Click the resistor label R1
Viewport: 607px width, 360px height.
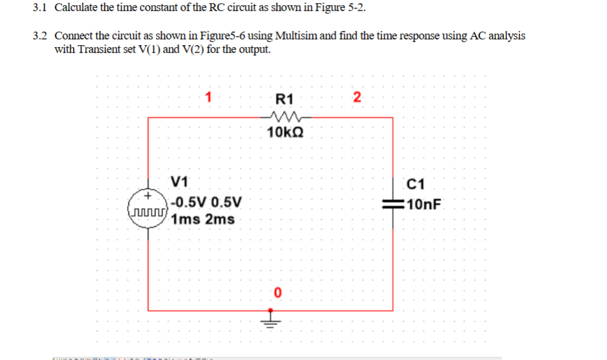coord(284,99)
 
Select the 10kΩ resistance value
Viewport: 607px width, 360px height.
coord(285,133)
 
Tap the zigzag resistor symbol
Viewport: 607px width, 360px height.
coord(284,117)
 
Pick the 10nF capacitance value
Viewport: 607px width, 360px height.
coord(425,205)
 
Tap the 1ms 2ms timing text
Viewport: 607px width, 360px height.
coord(203,219)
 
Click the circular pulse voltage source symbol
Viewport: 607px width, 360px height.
coord(149,205)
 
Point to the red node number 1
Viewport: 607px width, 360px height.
coord(208,98)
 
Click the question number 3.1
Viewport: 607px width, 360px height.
coord(41,8)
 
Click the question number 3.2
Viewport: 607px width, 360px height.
coord(41,36)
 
